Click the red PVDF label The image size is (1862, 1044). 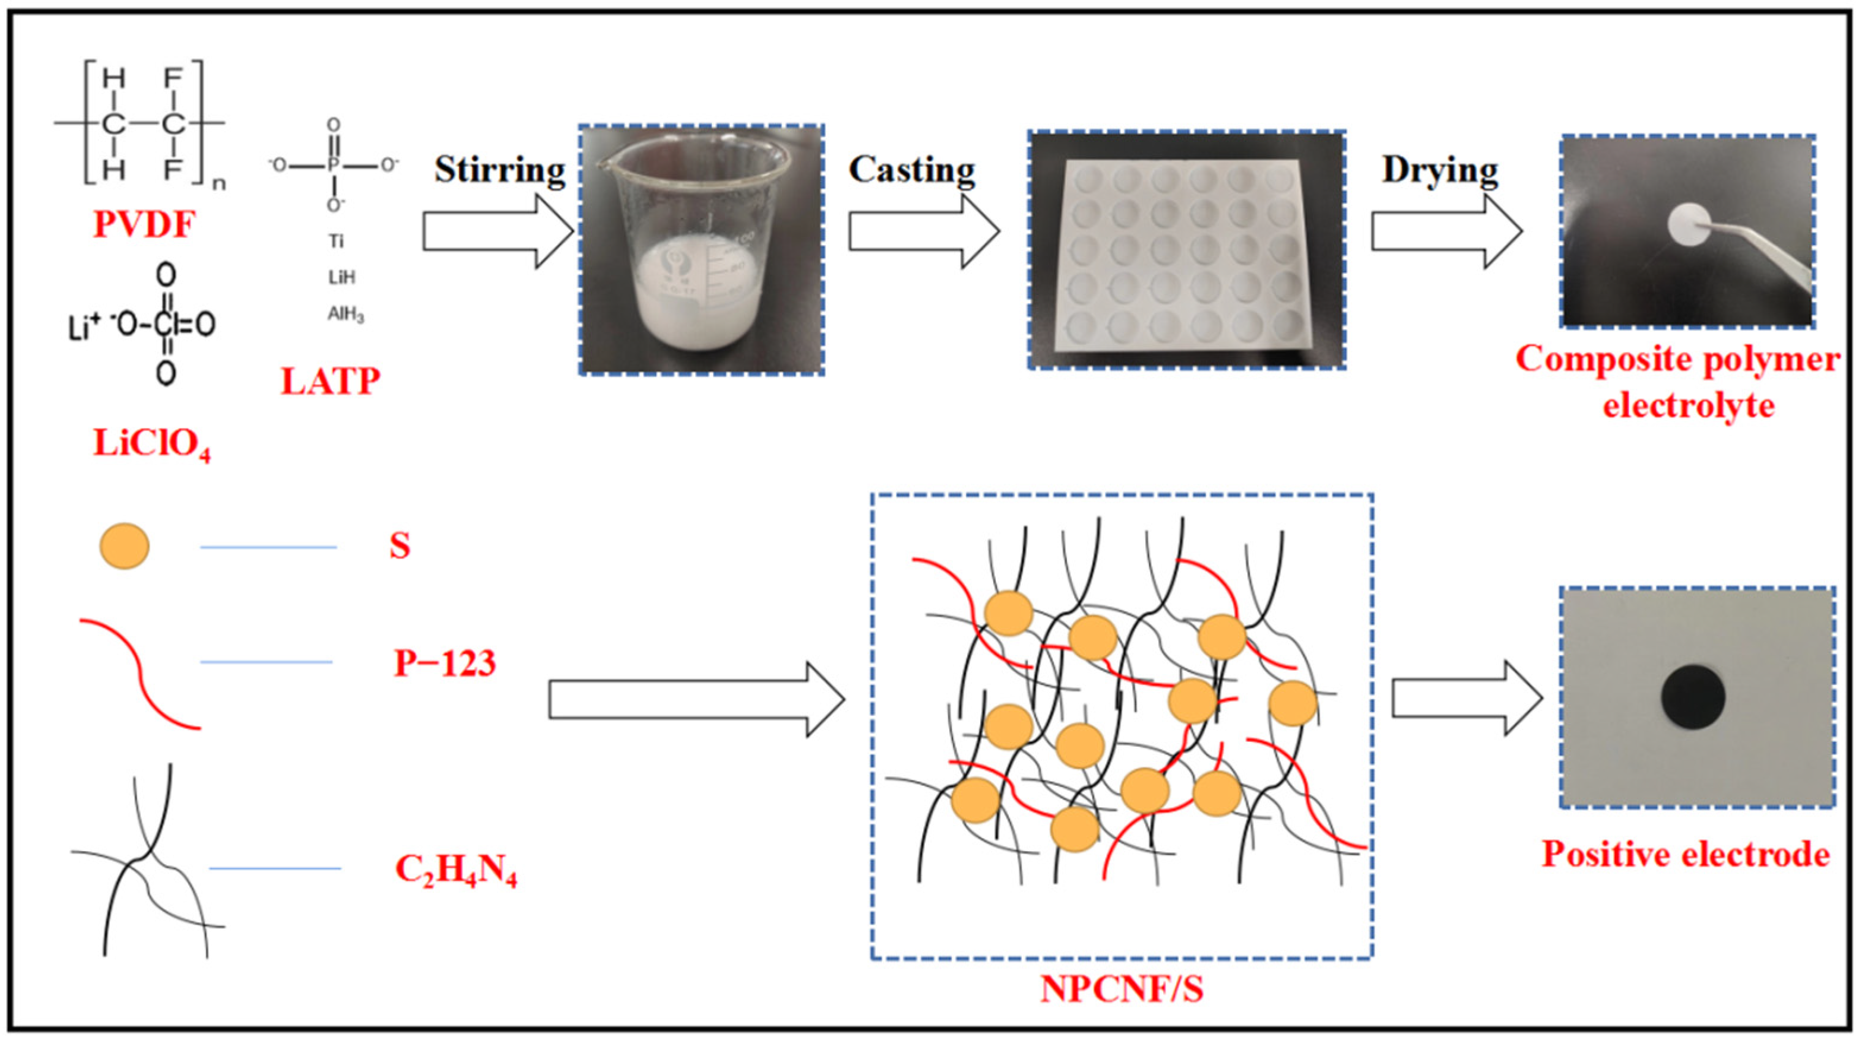tap(144, 226)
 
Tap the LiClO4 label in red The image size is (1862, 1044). tap(152, 443)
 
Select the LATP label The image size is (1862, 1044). tap(330, 382)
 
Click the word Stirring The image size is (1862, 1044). tap(499, 170)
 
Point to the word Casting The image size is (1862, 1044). tap(911, 170)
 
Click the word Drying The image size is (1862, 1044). tap(1440, 170)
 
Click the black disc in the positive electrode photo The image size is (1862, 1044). tap(1693, 697)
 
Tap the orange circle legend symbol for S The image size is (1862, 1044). tap(124, 546)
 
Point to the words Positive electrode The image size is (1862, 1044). tap(1686, 855)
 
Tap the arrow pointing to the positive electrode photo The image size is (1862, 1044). tap(1467, 699)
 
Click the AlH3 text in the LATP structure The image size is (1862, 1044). tap(346, 315)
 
